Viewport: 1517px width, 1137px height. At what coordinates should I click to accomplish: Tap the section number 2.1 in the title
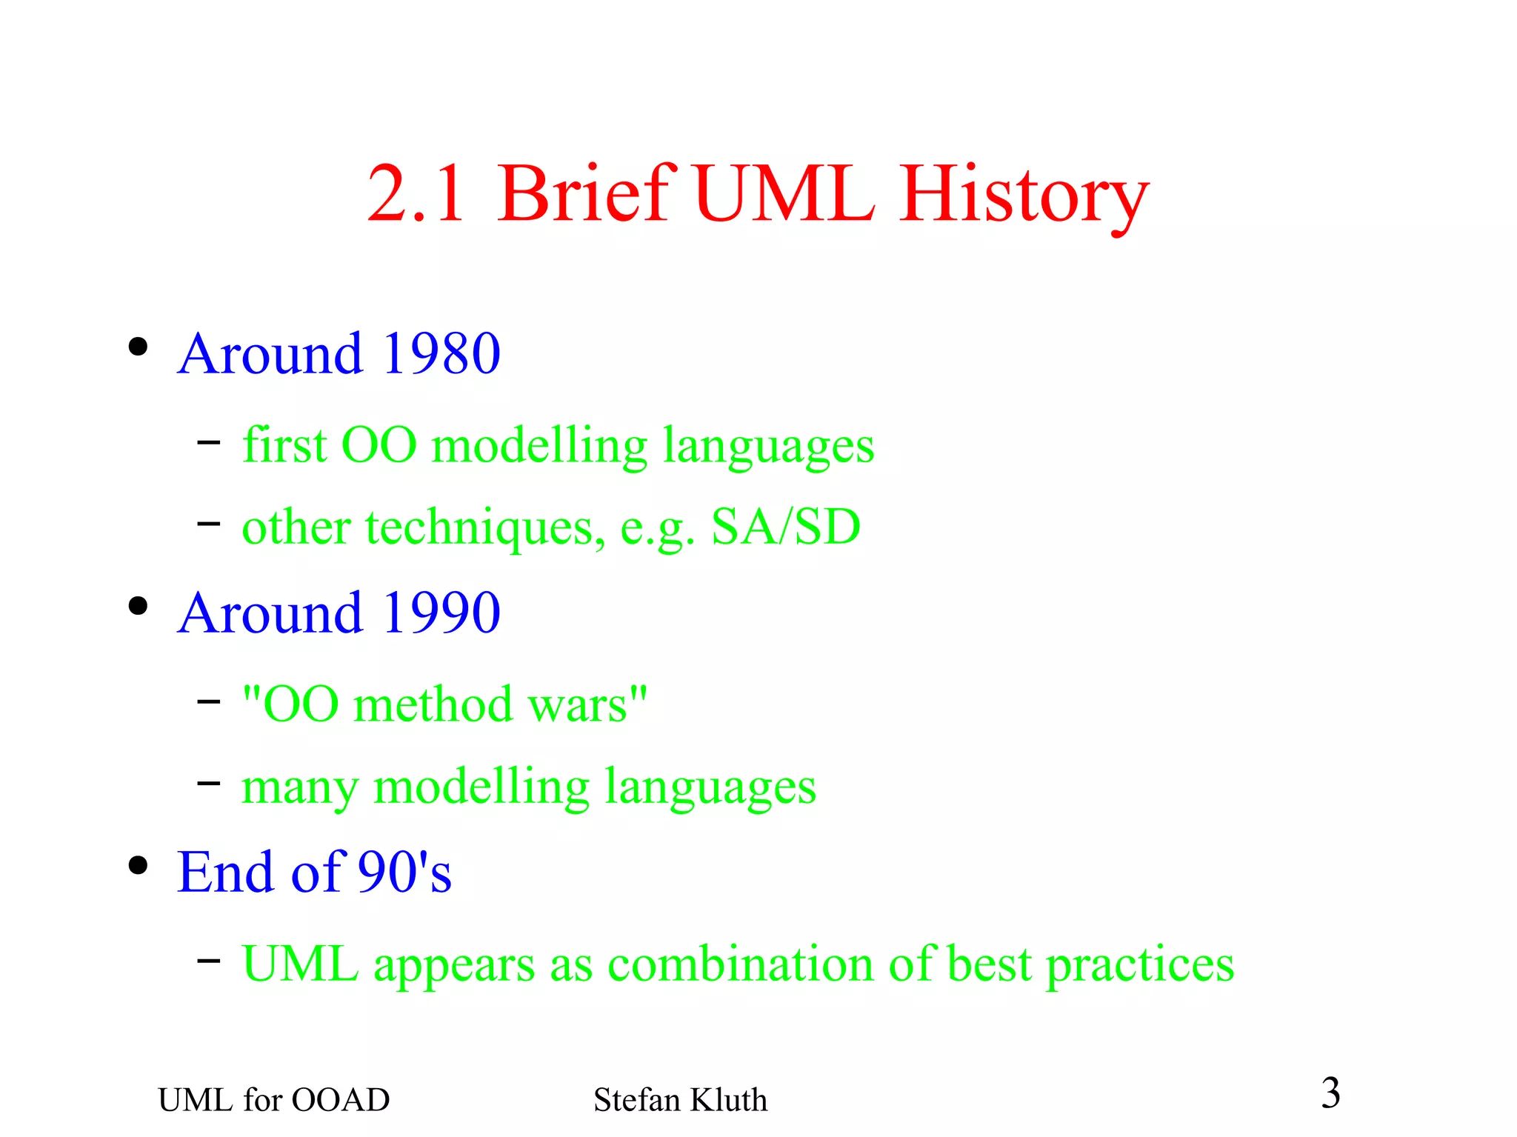coord(416,194)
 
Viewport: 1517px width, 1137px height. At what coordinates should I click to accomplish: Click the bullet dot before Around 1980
coord(138,347)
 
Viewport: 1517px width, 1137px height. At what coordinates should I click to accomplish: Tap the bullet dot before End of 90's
coord(138,865)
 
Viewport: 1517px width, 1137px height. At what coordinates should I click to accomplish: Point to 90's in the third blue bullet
coord(404,872)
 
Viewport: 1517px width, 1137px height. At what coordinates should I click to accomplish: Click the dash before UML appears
coord(209,961)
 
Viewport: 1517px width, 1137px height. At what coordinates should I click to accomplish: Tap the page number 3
coord(1330,1093)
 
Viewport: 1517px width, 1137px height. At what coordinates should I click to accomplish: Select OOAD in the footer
coord(340,1100)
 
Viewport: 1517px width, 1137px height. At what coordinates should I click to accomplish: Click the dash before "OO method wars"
coord(209,701)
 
